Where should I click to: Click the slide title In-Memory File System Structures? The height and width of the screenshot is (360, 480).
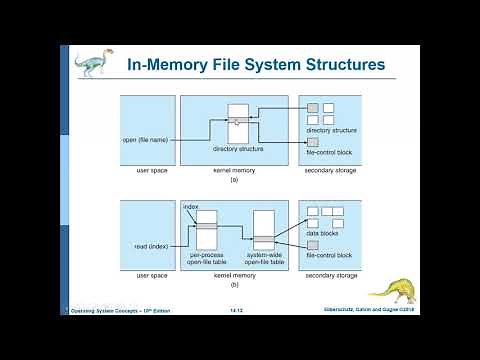click(x=255, y=65)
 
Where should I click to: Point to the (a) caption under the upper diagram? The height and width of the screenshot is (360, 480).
click(x=235, y=179)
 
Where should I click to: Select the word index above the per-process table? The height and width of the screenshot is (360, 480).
click(x=191, y=206)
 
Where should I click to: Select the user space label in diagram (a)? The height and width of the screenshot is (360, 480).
click(x=148, y=170)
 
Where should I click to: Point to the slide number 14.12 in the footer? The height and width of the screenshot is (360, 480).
click(x=238, y=312)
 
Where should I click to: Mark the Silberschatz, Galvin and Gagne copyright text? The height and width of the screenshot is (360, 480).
click(x=397, y=312)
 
